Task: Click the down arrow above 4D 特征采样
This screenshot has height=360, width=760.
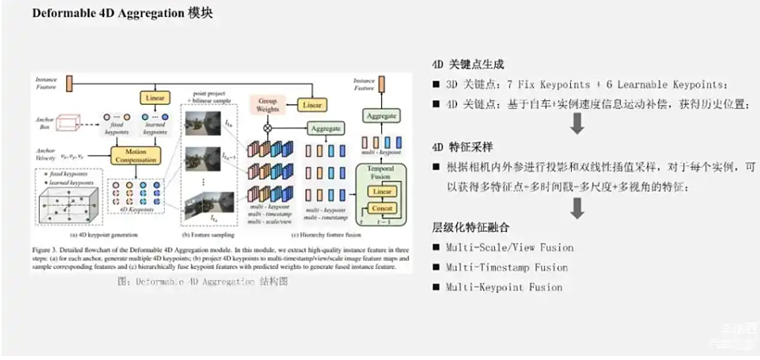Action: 577,124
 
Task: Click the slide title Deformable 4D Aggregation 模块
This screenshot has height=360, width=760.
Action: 123,15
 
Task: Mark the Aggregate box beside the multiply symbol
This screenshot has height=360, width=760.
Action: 327,128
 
